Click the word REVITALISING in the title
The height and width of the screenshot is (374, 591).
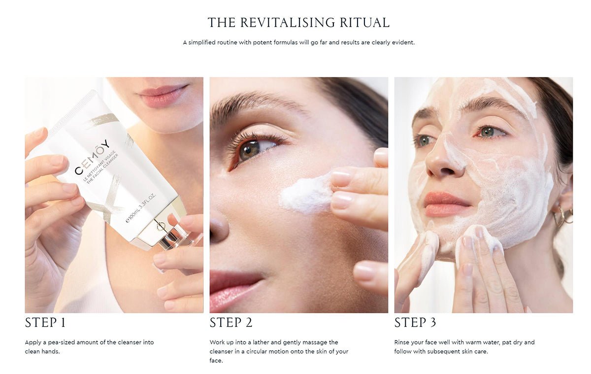pos(287,23)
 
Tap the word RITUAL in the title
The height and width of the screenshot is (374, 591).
pos(364,23)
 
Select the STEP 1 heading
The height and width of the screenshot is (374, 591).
pos(45,323)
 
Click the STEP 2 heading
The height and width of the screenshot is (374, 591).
pos(231,323)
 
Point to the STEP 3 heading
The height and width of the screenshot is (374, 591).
pos(415,323)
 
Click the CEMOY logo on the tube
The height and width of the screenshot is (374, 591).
pos(92,157)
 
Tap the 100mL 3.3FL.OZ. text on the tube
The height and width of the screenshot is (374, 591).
pos(141,208)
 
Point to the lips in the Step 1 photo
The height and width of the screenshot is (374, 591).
pos(163,96)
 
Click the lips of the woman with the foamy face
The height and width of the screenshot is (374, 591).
pos(446,204)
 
